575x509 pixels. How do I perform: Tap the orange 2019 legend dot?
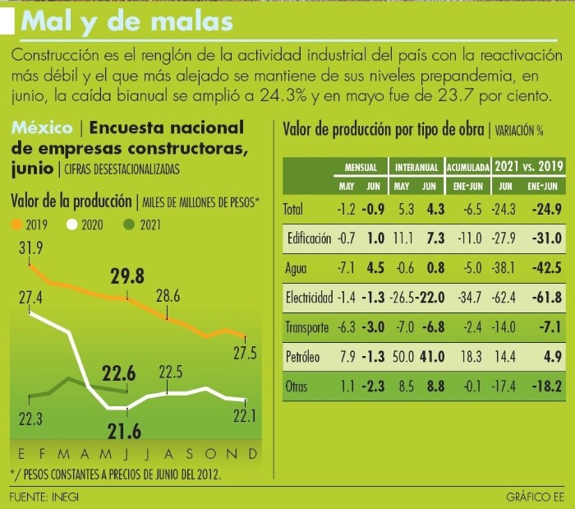16,224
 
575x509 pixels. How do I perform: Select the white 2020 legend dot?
72,224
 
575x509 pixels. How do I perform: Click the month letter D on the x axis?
253,455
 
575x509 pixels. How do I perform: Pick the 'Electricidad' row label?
308,297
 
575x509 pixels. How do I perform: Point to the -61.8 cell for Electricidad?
546,297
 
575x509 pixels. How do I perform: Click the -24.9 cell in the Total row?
546,209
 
